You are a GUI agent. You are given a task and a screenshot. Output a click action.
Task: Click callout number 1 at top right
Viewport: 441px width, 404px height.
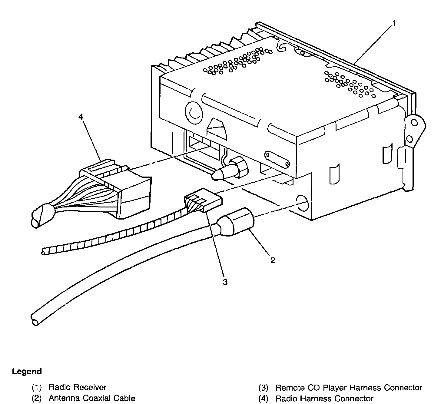[393, 23]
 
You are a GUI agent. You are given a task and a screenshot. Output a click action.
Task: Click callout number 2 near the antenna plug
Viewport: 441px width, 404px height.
[273, 260]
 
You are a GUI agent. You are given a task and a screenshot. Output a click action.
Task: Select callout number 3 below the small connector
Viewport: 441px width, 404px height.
[225, 282]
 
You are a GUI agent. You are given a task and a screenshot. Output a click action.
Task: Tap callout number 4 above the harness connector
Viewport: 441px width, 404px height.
[81, 117]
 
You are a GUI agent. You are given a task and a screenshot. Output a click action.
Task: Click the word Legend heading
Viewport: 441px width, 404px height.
[27, 371]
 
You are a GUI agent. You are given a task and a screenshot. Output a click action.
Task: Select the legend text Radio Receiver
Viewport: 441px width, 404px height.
[78, 387]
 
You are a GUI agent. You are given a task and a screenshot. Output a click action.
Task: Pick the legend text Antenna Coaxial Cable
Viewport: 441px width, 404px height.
[92, 398]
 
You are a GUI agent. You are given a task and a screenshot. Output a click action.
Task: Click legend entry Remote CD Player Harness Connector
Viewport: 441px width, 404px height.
[349, 387]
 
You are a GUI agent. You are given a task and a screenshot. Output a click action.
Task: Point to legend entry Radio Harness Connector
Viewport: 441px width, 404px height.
[324, 398]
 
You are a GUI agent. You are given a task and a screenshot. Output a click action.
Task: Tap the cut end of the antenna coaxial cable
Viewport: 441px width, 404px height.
[35, 320]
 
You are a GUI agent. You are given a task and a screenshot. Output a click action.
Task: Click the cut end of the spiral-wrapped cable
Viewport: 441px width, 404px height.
[44, 251]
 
